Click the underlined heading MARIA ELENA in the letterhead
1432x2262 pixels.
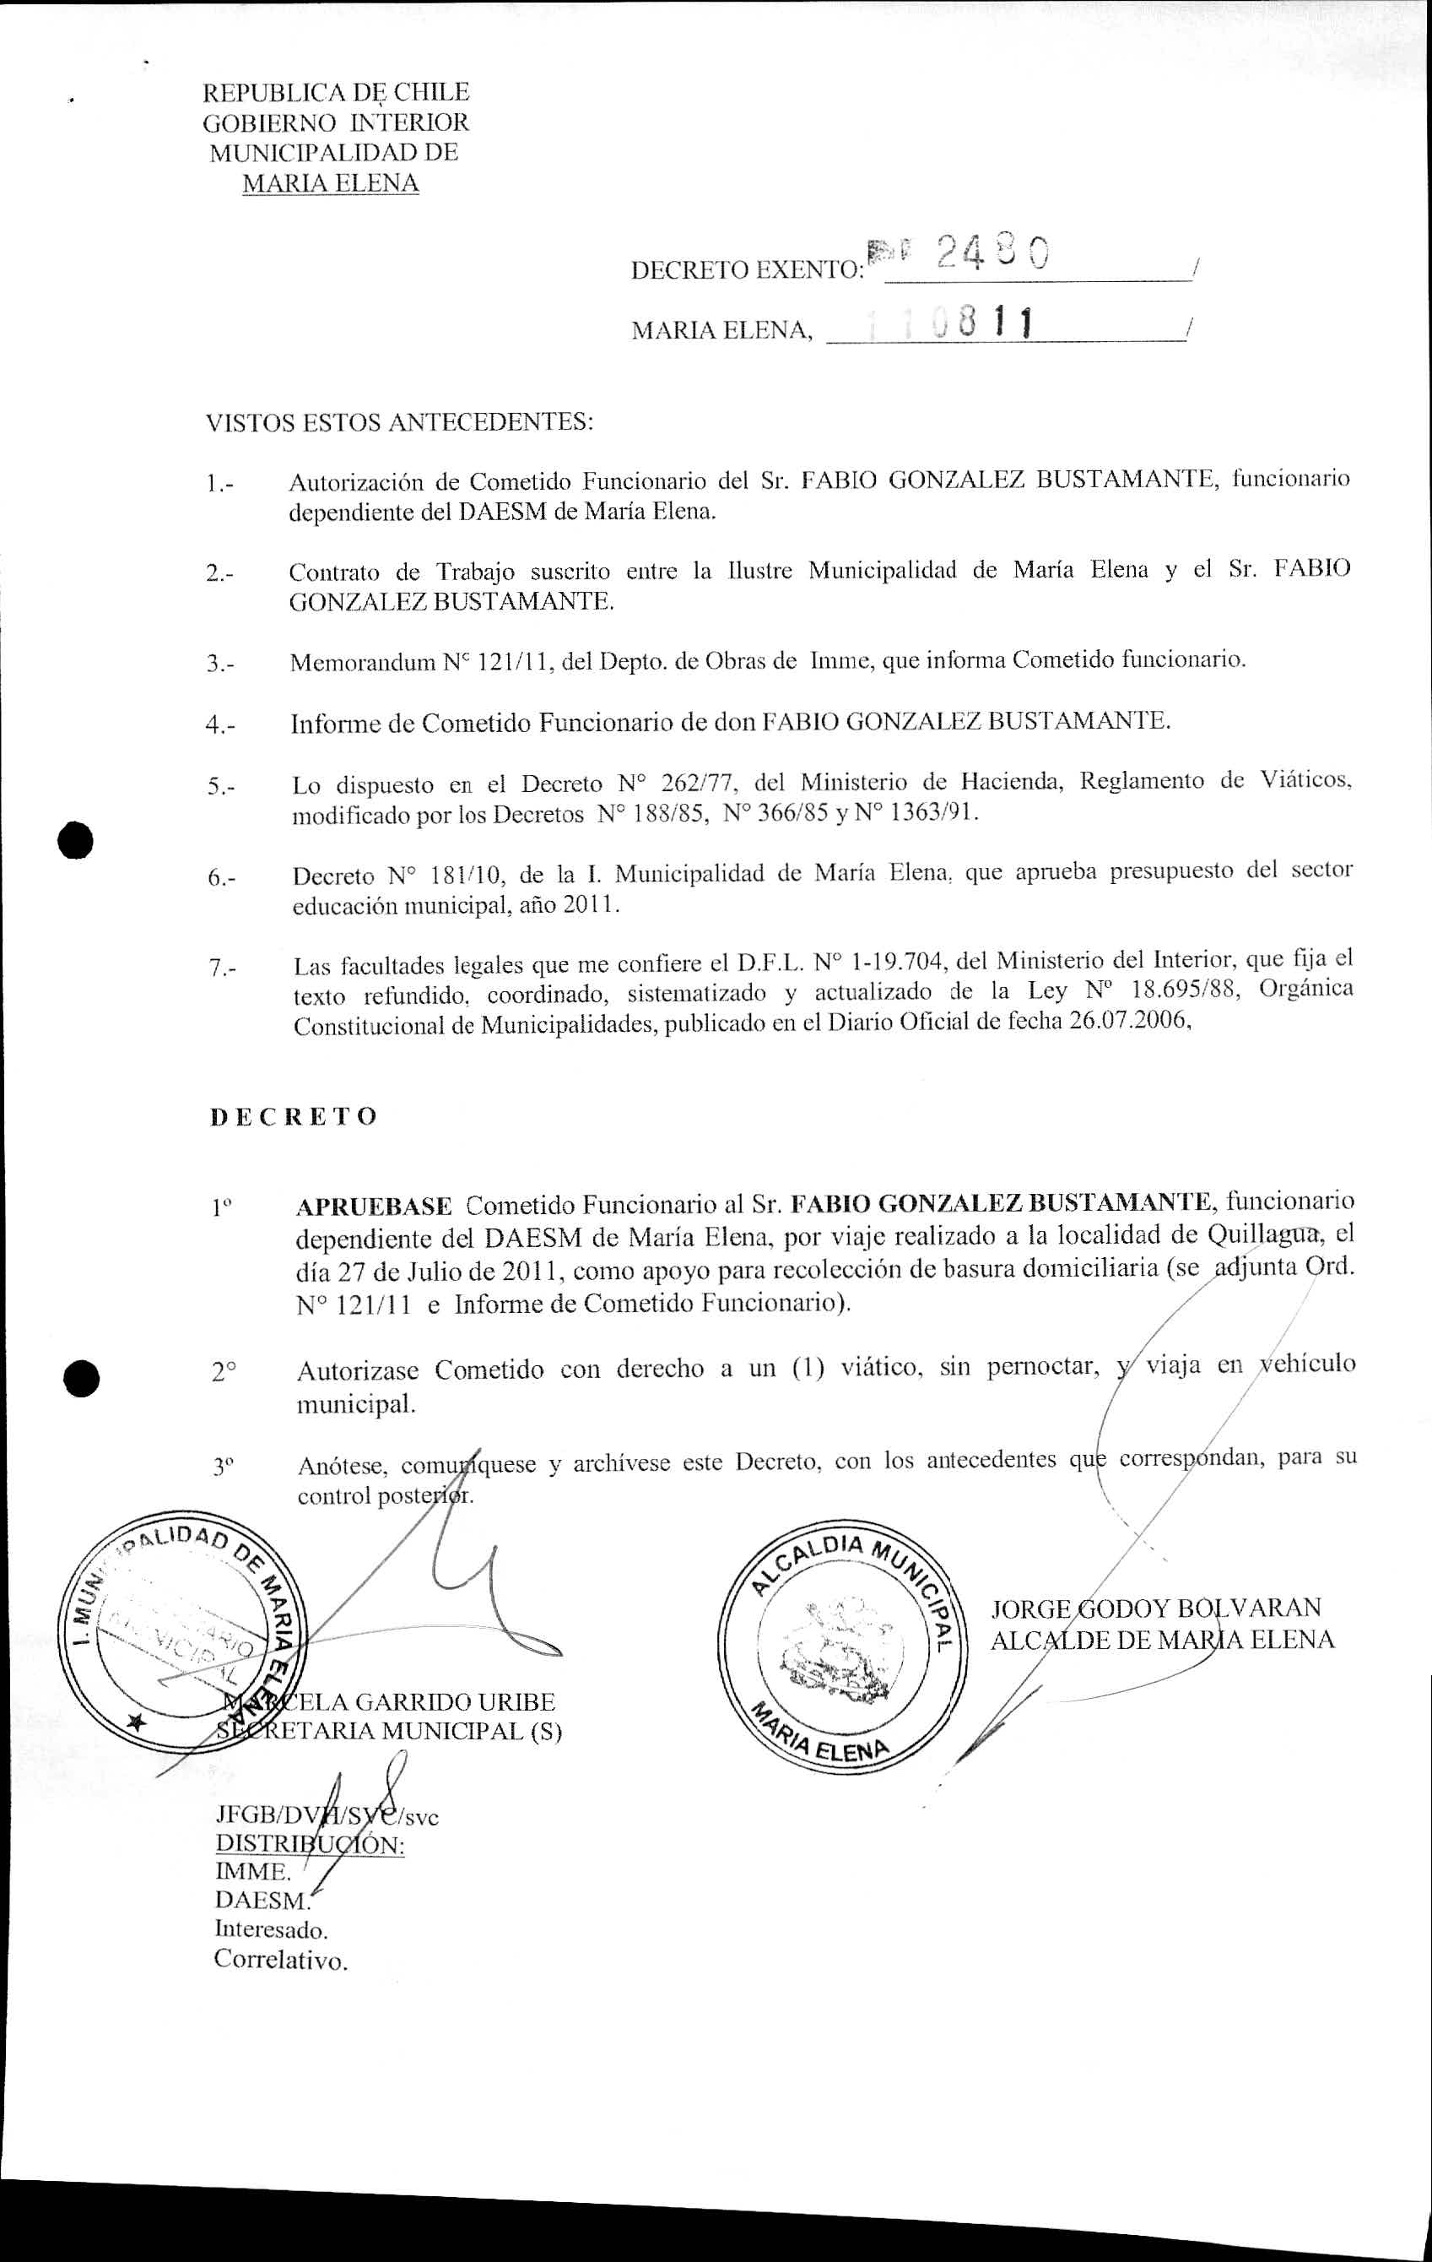click(331, 183)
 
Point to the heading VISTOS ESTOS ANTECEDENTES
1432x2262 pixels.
click(400, 422)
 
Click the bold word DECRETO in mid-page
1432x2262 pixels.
click(293, 1116)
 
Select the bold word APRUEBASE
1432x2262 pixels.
click(374, 1205)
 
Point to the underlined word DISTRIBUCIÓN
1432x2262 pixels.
click(310, 1845)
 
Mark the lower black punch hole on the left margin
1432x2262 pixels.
click(82, 1377)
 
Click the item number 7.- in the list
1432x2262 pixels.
click(222, 968)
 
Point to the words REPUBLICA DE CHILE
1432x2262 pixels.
click(336, 93)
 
